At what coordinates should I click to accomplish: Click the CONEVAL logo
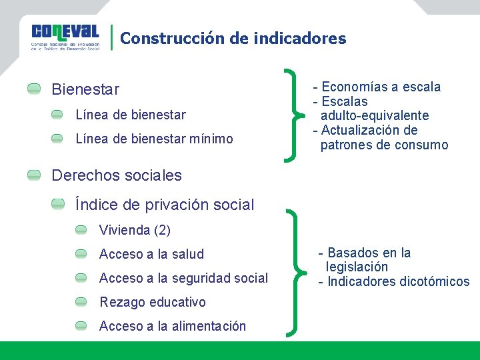(x=65, y=37)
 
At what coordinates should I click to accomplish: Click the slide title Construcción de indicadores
(x=233, y=39)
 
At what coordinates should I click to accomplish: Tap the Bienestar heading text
(x=85, y=89)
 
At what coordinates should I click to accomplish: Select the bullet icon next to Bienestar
(x=34, y=89)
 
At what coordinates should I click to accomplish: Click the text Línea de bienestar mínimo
(x=154, y=139)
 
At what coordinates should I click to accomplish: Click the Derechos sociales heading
(x=116, y=175)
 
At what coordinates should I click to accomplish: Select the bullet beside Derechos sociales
(x=34, y=175)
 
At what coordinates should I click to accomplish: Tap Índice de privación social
(x=165, y=205)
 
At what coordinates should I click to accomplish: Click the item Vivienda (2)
(x=135, y=231)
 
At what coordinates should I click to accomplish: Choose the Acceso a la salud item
(x=151, y=254)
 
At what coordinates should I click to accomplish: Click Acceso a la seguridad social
(x=183, y=278)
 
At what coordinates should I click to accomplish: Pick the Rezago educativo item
(x=152, y=302)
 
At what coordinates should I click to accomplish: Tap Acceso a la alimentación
(x=172, y=326)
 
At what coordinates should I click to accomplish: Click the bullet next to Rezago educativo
(x=81, y=302)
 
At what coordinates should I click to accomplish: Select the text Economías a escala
(x=381, y=87)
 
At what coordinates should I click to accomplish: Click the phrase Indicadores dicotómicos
(x=398, y=281)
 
